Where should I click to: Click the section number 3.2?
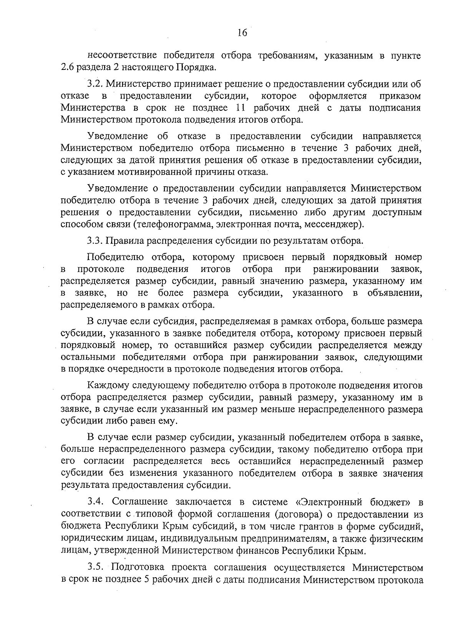pyautogui.click(x=94, y=83)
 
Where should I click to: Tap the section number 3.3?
pyautogui.click(x=94, y=241)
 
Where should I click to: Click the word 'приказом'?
pyautogui.click(x=400, y=95)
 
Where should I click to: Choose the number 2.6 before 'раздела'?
pyautogui.click(x=67, y=68)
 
